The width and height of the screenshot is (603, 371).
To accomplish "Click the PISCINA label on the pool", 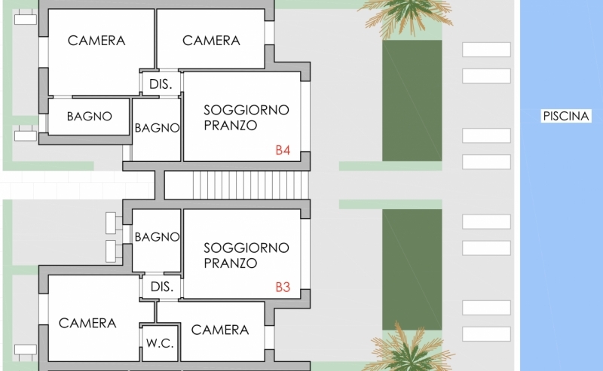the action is [x=566, y=116].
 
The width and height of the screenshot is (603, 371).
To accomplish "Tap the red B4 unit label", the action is [x=283, y=150].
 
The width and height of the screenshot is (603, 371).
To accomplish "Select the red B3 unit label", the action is [x=283, y=287].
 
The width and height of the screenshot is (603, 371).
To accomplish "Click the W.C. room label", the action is [x=160, y=343].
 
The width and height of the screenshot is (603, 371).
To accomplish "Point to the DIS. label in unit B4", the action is [x=161, y=84].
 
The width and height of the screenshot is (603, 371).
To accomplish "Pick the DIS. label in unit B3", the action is [x=162, y=287].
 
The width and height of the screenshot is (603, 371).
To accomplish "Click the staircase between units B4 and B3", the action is [x=251, y=184].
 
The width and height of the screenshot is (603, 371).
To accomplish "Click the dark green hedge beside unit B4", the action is [x=412, y=101].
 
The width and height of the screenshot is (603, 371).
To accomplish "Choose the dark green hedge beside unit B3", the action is [x=412, y=269].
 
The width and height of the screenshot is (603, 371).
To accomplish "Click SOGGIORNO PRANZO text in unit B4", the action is [x=246, y=117].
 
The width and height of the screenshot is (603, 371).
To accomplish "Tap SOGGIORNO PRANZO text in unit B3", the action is [x=246, y=255].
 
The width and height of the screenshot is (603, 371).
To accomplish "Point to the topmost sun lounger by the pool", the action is [x=486, y=50].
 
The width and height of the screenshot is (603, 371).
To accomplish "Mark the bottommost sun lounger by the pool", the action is [x=486, y=334].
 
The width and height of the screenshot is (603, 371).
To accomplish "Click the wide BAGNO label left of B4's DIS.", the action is [x=89, y=117].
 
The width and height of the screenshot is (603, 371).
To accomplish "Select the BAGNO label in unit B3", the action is [x=157, y=237].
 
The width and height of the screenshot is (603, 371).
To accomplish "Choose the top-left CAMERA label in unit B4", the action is [x=96, y=41].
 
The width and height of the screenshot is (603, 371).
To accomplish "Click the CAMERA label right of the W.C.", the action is [x=220, y=330].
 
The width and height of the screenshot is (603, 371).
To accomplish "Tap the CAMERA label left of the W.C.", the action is [x=87, y=323].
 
